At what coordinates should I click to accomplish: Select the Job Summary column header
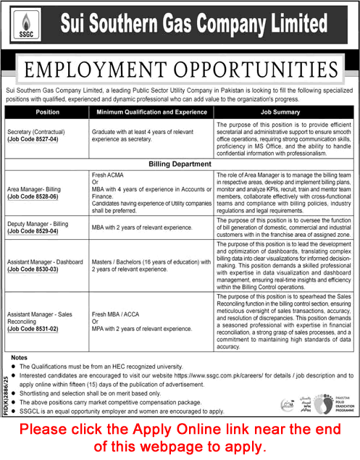click(x=284, y=113)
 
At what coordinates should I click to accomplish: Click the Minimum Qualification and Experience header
click(x=151, y=113)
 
